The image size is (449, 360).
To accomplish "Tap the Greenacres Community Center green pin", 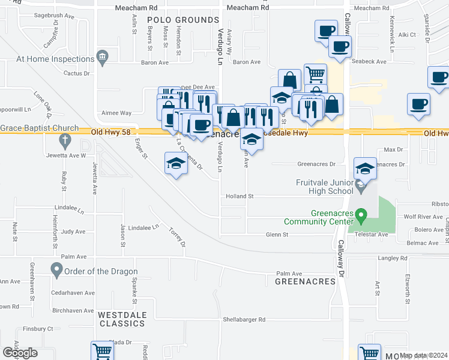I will (360, 214).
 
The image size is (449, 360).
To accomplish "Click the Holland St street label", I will (240, 196).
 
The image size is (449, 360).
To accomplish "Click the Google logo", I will (20, 353).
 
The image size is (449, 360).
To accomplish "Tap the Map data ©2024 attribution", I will (424, 355).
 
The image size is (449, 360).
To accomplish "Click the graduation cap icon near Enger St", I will (175, 164).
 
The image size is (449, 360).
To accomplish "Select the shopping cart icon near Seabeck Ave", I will (315, 74).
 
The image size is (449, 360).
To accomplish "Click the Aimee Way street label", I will (117, 113).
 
